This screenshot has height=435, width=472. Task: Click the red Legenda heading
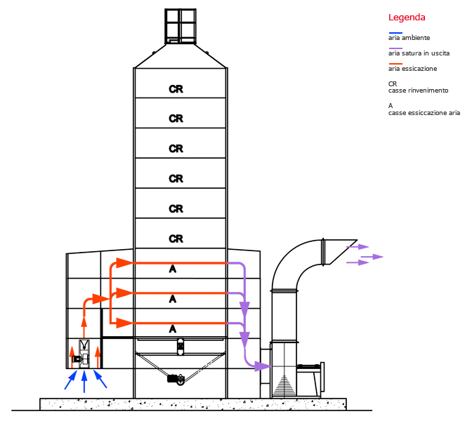click(407, 18)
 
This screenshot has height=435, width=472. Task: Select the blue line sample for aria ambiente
click(395, 33)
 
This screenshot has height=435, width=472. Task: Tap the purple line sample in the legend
click(395, 48)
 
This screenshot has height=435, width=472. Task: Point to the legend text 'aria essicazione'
click(412, 69)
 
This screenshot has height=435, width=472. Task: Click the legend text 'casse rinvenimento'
click(418, 91)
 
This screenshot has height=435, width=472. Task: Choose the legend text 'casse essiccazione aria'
click(424, 113)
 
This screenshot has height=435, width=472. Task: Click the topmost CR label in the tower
click(176, 89)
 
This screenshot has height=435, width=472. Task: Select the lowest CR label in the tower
click(176, 239)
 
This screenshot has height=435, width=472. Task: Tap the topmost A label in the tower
click(173, 269)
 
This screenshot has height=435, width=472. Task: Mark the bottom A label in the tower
click(173, 329)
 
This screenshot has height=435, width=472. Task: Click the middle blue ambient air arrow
click(84, 382)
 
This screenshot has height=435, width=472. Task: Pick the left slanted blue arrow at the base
click(71, 380)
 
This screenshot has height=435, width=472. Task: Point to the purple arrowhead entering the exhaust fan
click(262, 366)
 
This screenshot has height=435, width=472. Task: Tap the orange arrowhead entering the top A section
click(124, 262)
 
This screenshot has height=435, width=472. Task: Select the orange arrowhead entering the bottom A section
click(124, 323)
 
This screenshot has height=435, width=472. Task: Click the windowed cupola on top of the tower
click(181, 27)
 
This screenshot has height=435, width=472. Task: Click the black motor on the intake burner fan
click(76, 359)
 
